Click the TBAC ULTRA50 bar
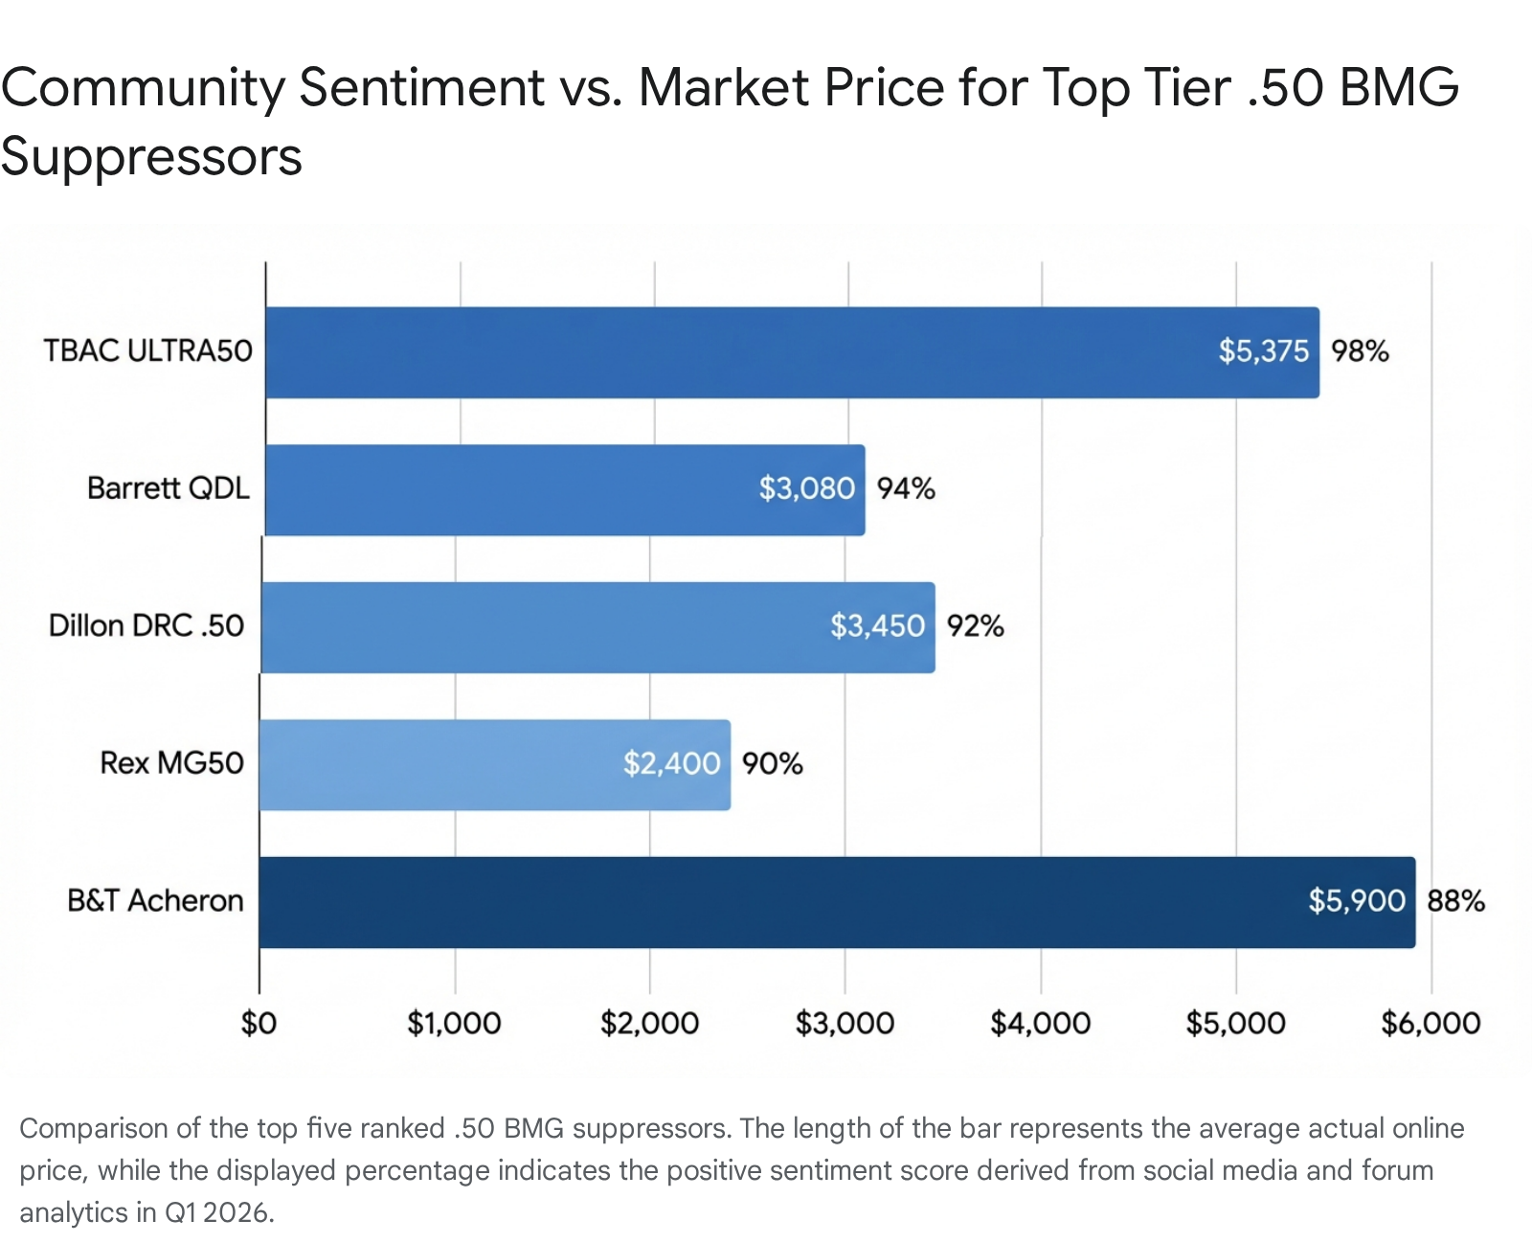tap(728, 352)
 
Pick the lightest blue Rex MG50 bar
tap(440, 764)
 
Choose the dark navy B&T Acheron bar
tap(766, 902)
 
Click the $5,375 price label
tap(1263, 351)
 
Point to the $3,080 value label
tap(806, 488)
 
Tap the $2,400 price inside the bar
tap(671, 763)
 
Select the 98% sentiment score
tap(1360, 351)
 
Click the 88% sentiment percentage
tap(1455, 901)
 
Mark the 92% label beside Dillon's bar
tap(975, 626)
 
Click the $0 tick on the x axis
tap(259, 1024)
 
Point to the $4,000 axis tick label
tap(1040, 1024)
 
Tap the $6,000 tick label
tap(1431, 1024)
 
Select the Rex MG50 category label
tap(171, 763)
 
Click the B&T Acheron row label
tap(155, 901)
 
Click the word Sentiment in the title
tap(421, 88)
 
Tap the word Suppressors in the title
tap(151, 157)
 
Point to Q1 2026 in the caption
tap(218, 1213)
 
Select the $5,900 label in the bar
tap(1356, 901)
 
